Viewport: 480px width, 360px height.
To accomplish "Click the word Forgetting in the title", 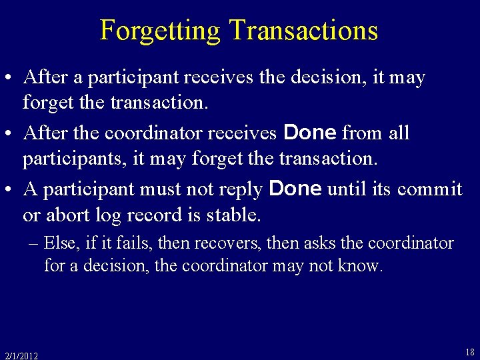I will [x=160, y=31].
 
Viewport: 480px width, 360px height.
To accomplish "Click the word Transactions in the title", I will [x=303, y=31].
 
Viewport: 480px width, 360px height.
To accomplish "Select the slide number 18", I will [x=469, y=352].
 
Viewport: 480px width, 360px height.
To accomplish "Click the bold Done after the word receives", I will [x=310, y=133].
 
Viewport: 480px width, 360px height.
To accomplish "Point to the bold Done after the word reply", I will [x=295, y=189].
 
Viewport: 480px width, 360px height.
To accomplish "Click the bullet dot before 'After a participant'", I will [x=11, y=78].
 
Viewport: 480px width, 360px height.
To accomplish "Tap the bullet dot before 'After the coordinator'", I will [x=11, y=134].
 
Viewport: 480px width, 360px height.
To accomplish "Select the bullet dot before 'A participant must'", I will [x=11, y=190].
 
